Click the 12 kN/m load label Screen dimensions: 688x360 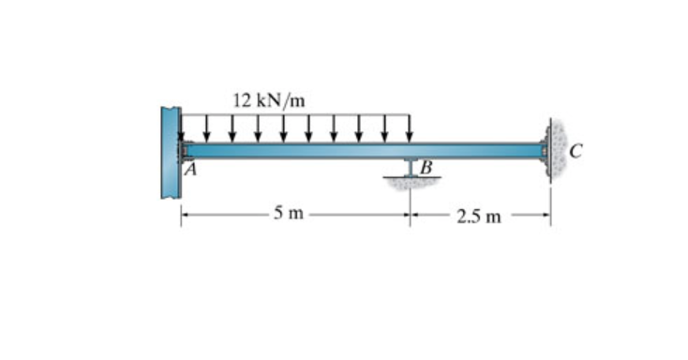[x=268, y=100]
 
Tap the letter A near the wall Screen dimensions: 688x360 [x=190, y=170]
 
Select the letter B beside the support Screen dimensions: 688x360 [x=426, y=167]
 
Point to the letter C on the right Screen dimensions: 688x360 [x=576, y=152]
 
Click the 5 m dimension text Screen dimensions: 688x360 [x=289, y=213]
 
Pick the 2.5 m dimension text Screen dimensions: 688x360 [x=478, y=217]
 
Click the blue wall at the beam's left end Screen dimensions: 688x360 [x=171, y=152]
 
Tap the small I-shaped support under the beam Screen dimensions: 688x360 [x=411, y=167]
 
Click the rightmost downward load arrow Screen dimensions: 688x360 [x=410, y=128]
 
